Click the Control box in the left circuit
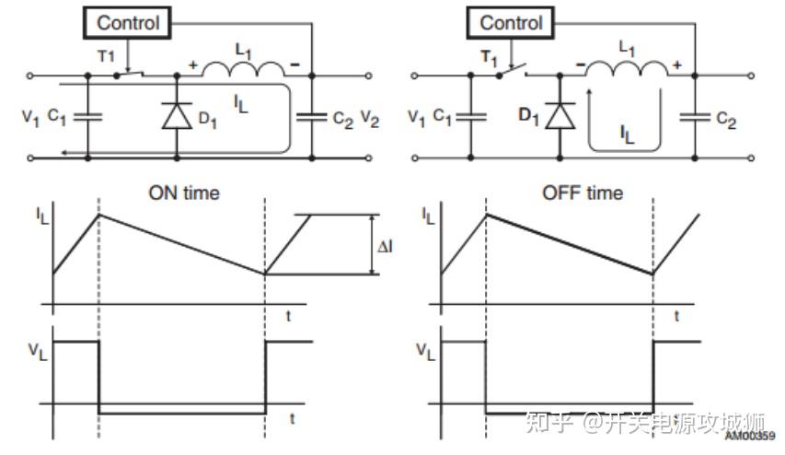[x=128, y=22]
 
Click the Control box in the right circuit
[x=512, y=22]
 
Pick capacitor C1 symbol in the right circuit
[x=470, y=117]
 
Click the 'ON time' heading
[x=184, y=193]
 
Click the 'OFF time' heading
[x=583, y=193]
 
